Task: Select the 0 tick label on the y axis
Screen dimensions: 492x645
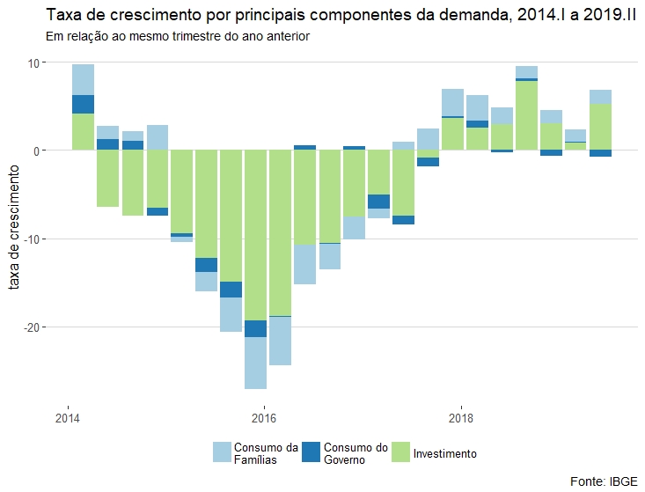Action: [x=39, y=151]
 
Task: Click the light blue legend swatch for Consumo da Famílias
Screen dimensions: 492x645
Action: [x=224, y=452]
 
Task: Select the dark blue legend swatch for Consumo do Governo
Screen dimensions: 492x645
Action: [x=312, y=452]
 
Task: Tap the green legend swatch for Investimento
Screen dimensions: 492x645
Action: [x=400, y=452]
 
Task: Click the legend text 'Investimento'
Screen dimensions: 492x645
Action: [x=444, y=453]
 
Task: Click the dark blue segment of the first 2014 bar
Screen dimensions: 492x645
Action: [x=84, y=104]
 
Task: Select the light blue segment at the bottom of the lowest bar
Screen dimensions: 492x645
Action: [x=256, y=363]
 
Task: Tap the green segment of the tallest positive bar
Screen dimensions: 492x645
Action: [x=527, y=115]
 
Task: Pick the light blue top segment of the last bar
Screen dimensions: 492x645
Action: [x=601, y=97]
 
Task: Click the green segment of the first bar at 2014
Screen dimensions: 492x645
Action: [x=84, y=132]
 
